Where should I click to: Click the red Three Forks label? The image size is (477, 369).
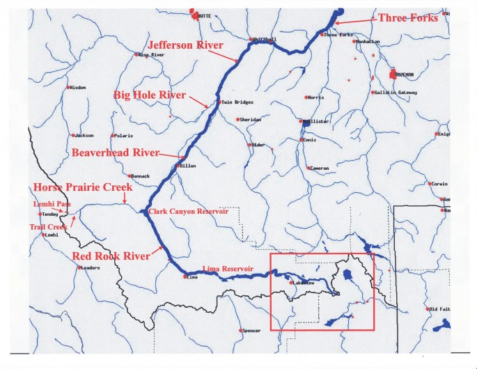(x=407, y=17)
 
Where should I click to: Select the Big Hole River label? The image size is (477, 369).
(x=148, y=95)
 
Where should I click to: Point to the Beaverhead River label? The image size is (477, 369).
(x=115, y=152)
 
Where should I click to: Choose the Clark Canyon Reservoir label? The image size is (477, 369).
(x=189, y=212)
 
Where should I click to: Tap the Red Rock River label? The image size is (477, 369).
(x=111, y=256)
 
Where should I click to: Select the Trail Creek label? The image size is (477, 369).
(x=48, y=227)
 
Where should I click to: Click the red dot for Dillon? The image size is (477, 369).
(x=178, y=166)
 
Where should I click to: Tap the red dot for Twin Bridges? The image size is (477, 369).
(x=219, y=102)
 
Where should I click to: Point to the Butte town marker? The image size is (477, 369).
(x=194, y=14)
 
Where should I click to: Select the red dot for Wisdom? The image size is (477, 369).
(x=68, y=87)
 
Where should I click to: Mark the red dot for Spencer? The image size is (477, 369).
(x=239, y=330)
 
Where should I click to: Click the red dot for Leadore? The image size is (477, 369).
(x=79, y=267)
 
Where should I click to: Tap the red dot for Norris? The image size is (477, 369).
(x=305, y=97)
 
